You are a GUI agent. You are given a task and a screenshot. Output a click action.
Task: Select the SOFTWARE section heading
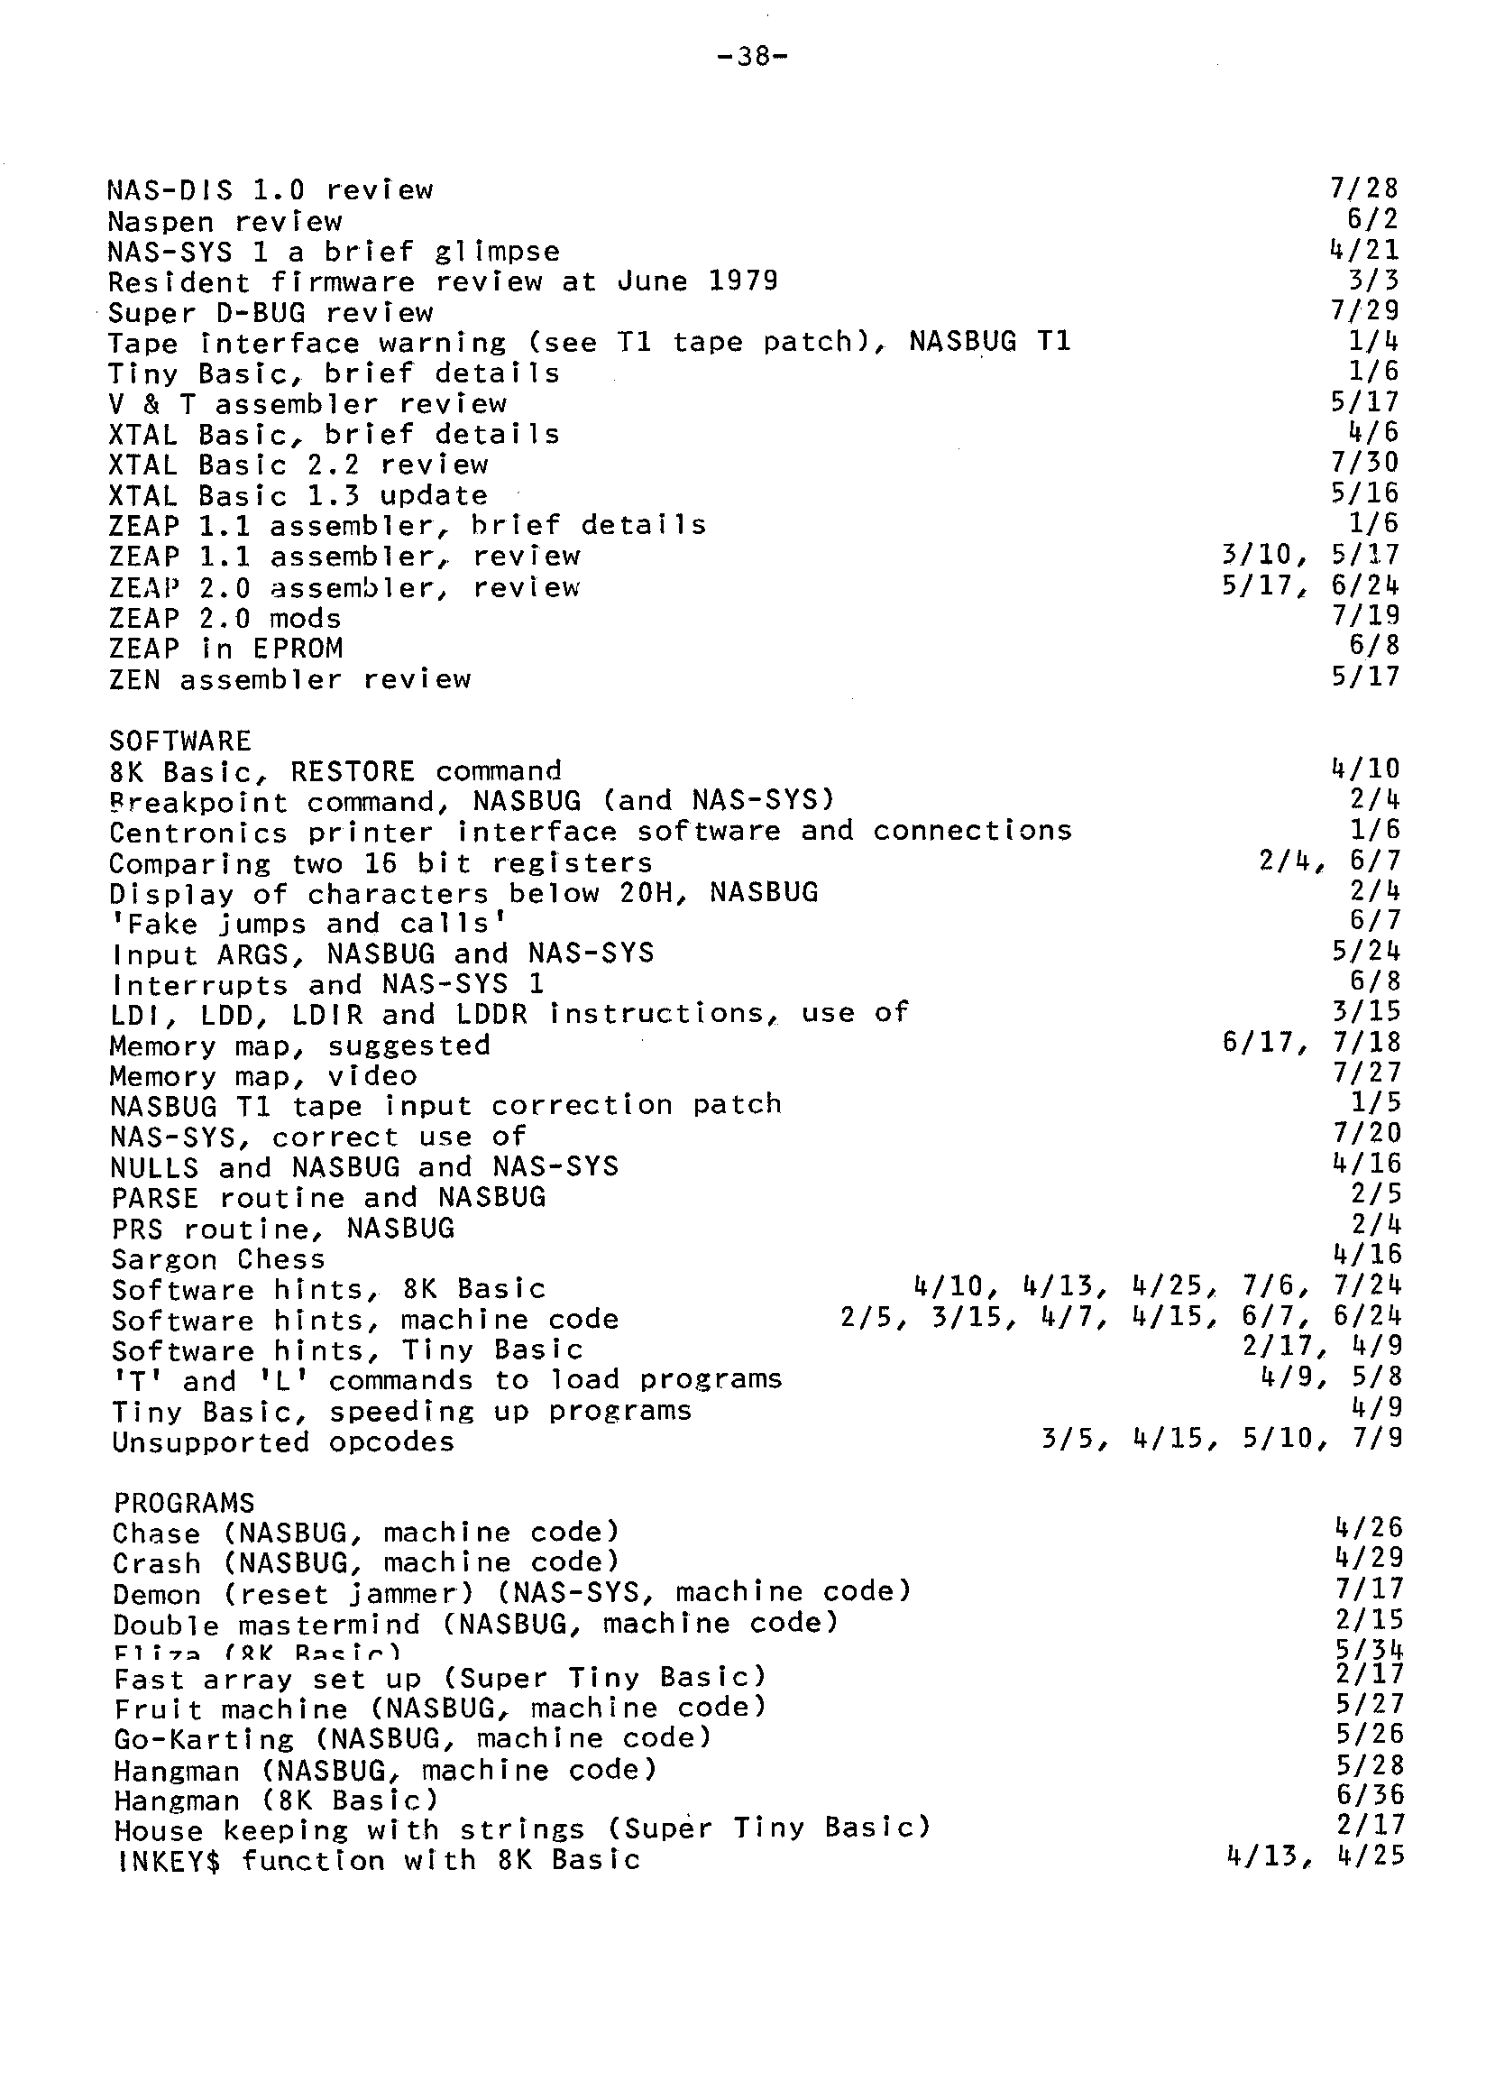179,741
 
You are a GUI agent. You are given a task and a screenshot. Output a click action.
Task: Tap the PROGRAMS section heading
184,1503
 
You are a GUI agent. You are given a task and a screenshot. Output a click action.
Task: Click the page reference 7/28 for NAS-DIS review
1364,189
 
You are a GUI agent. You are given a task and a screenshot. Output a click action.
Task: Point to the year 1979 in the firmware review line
743,281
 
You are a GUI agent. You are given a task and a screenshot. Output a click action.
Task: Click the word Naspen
161,222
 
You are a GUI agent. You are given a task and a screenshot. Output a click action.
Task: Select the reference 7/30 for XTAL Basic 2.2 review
1364,462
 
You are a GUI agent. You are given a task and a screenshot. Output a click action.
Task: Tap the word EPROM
298,648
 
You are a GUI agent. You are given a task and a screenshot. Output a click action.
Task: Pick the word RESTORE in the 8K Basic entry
353,770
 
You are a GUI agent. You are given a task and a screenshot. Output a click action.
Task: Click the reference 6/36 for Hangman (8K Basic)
1369,1795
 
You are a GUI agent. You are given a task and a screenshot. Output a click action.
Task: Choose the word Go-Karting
203,1738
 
